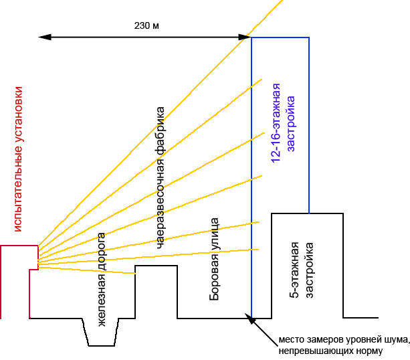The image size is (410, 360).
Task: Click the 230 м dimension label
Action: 146,25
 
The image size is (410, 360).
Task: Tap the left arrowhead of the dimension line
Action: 44,37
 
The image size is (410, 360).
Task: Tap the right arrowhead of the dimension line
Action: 245,37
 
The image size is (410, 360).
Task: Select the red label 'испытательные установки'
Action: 18,159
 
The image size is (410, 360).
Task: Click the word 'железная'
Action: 102,300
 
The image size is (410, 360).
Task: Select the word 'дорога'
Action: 102,252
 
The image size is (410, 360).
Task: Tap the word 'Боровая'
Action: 214,277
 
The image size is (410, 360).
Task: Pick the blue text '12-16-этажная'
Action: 276,123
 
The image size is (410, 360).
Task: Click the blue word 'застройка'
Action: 291,124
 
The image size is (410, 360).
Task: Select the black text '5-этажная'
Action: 294,270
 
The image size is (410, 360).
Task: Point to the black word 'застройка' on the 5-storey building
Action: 309,270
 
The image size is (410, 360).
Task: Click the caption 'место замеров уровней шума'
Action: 344,340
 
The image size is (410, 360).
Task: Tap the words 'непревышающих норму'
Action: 330,351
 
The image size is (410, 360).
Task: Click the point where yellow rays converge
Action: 38,261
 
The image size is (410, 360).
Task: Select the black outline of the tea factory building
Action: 156,266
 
